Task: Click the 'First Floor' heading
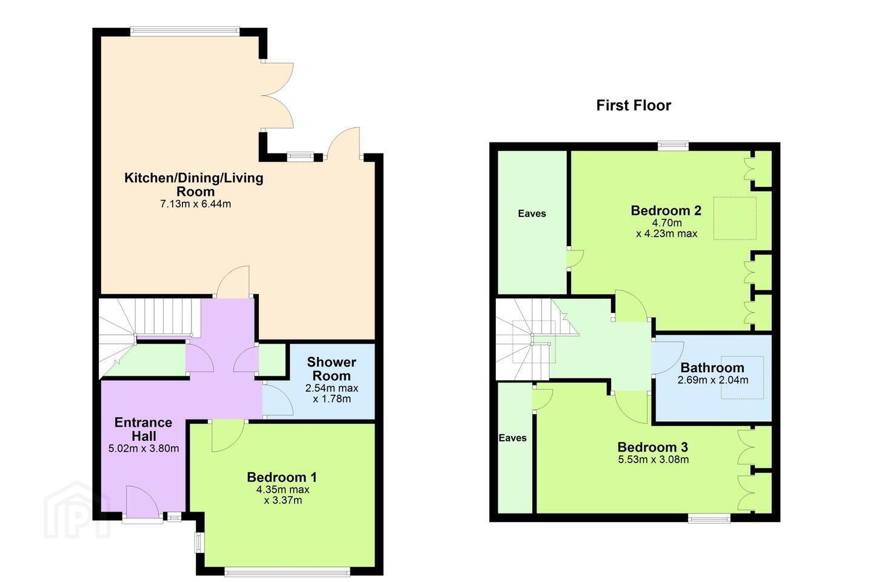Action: pos(634,105)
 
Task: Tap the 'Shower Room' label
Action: pos(331,369)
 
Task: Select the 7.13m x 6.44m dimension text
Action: pos(196,204)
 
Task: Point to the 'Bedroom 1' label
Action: pos(282,477)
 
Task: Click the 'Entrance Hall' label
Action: pos(144,429)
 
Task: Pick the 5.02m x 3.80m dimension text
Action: pos(144,448)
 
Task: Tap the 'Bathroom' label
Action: pos(712,367)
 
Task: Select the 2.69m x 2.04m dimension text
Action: pos(713,380)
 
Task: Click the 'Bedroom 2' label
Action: pos(666,210)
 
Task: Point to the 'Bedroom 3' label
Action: pos(653,447)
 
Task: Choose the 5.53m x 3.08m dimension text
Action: pos(653,459)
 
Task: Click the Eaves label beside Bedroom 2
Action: pos(532,213)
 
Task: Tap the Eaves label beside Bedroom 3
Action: pos(512,438)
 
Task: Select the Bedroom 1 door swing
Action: pos(228,436)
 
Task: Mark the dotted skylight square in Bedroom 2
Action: pos(735,218)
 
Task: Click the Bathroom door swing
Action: pos(668,358)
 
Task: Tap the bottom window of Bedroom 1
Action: pos(287,572)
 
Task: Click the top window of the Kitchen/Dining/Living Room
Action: pos(185,30)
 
